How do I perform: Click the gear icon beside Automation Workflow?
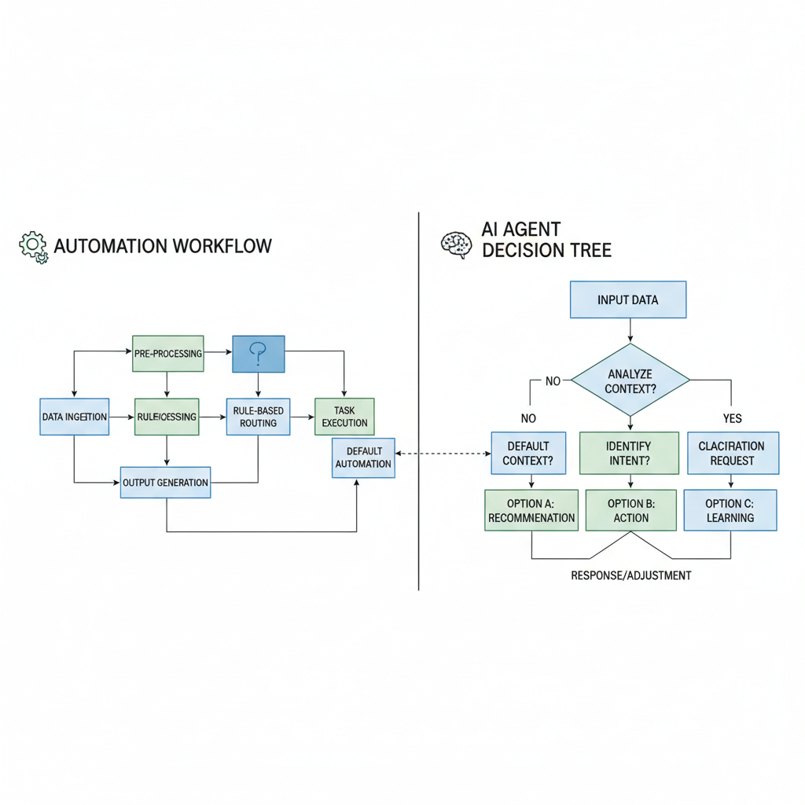pos(33,246)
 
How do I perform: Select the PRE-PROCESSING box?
pos(167,354)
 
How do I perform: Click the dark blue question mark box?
pos(258,354)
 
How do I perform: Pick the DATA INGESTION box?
pos(74,417)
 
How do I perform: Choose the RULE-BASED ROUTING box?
pos(259,417)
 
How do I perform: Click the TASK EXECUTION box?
pos(344,417)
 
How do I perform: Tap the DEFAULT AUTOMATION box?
pos(362,458)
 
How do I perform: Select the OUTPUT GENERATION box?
pos(165,482)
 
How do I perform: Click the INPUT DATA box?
pos(627,300)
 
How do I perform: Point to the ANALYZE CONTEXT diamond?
pos(630,380)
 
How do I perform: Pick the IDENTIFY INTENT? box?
pos(628,453)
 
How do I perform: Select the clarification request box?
pos(732,453)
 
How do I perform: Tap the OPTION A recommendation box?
pos(531,510)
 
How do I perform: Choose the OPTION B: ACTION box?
pos(630,510)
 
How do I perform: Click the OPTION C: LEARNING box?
pos(730,510)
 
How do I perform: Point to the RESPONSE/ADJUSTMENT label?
pos(630,575)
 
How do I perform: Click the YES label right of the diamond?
pos(732,418)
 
